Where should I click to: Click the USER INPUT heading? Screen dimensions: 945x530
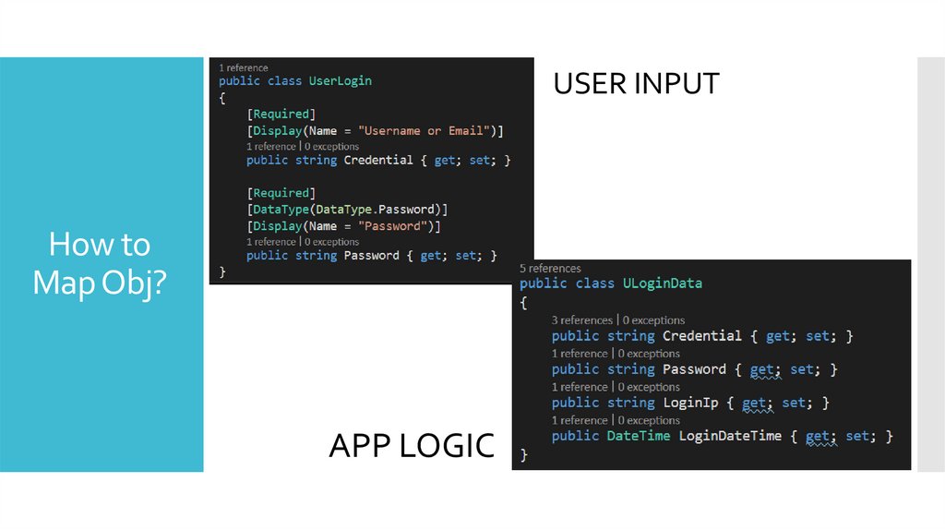click(x=636, y=84)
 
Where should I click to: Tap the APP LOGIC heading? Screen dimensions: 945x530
click(x=412, y=446)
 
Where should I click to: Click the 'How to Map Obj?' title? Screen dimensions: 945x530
click(x=100, y=264)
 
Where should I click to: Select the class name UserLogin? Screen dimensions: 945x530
click(x=341, y=80)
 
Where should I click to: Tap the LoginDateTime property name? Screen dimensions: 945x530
click(x=730, y=436)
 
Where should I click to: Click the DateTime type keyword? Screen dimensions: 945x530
click(x=638, y=436)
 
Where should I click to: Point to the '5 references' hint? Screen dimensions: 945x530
click(x=550, y=269)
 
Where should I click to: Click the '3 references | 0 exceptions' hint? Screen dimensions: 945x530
click(x=618, y=319)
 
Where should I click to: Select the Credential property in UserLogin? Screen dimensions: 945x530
click(x=378, y=161)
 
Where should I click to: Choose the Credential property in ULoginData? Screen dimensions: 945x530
click(x=701, y=336)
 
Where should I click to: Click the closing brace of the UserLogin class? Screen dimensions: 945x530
click(x=222, y=271)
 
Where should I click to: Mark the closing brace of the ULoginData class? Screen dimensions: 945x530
click(x=524, y=454)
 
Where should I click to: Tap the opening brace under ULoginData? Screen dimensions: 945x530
click(x=523, y=302)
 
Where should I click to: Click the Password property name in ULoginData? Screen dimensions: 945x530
click(x=694, y=369)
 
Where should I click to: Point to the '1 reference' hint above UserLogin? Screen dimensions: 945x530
click(x=244, y=67)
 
